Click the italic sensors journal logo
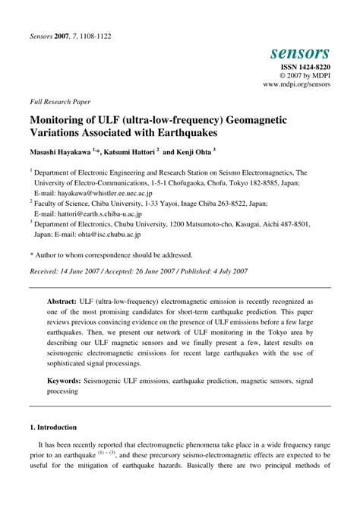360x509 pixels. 299,52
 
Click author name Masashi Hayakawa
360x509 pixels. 60,152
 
